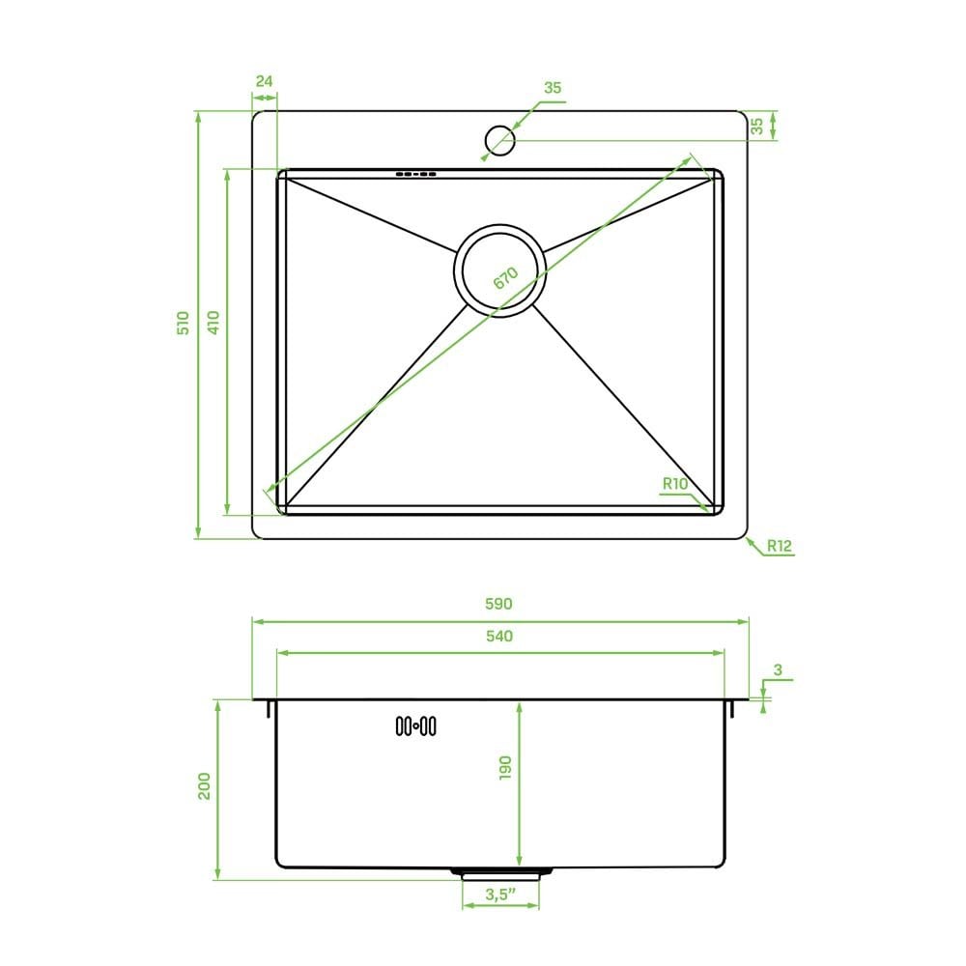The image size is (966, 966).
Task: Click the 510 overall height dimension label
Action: point(183,323)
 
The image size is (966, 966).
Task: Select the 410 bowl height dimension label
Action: point(213,323)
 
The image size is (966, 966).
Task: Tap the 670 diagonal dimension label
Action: point(505,278)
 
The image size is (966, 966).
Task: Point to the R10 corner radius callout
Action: point(674,484)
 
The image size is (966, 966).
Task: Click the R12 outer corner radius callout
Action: point(780,545)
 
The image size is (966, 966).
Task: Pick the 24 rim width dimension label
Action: point(265,81)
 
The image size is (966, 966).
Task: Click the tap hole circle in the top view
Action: point(499,140)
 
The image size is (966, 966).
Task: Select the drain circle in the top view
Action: point(499,271)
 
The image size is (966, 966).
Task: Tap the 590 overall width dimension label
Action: point(498,604)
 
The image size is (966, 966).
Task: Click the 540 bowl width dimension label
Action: point(499,636)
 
